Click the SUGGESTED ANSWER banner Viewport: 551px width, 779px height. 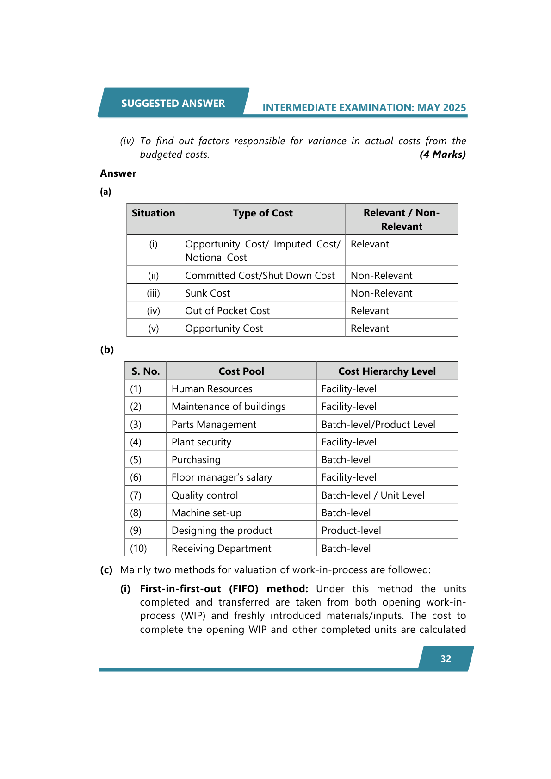click(173, 103)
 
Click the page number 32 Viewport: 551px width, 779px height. click(446, 659)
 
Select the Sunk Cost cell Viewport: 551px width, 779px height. click(208, 293)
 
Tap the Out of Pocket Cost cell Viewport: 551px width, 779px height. click(227, 310)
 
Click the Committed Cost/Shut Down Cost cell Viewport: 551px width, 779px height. click(260, 275)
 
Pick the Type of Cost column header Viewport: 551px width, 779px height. click(262, 213)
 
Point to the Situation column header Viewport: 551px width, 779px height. click(153, 213)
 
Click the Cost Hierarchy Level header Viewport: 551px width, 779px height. click(387, 371)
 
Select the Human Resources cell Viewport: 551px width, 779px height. click(212, 389)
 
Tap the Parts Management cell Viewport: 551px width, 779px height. click(214, 424)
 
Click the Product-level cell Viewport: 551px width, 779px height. click(351, 530)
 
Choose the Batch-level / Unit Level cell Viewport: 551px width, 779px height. click(373, 495)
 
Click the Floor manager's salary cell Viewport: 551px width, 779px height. click(222, 477)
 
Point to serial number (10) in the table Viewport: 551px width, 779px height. click(138, 548)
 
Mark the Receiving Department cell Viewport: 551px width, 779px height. click(221, 548)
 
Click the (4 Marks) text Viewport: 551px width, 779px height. click(442, 155)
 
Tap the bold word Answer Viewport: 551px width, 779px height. click(118, 173)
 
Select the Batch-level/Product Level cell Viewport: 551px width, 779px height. click(378, 424)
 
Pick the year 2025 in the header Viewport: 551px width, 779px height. click(454, 107)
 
